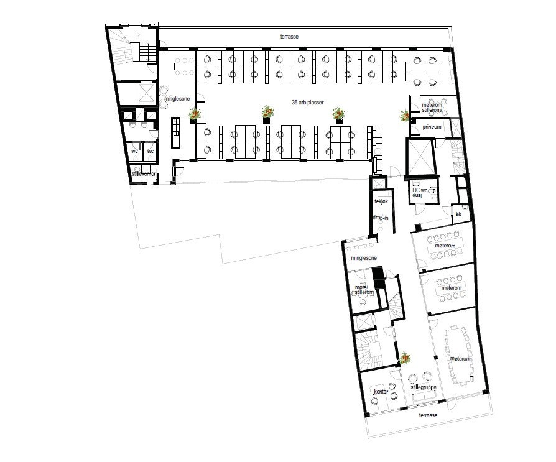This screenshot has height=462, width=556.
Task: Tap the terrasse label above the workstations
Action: coord(289,37)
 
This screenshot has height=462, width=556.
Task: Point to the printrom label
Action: coord(431,127)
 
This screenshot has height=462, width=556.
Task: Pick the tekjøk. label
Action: coord(381,201)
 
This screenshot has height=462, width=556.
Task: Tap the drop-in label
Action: coord(380,218)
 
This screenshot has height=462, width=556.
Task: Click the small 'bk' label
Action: coord(458,214)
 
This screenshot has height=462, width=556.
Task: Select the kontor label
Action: coord(381,392)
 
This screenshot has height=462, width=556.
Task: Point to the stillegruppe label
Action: coord(424,387)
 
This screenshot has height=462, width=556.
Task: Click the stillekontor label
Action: coord(144,174)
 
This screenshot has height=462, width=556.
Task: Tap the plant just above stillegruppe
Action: coord(405,358)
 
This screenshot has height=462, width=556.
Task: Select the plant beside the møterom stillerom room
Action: coord(405,115)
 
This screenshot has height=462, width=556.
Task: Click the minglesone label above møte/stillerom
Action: coord(364,257)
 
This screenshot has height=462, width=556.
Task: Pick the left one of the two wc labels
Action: coord(134,151)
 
